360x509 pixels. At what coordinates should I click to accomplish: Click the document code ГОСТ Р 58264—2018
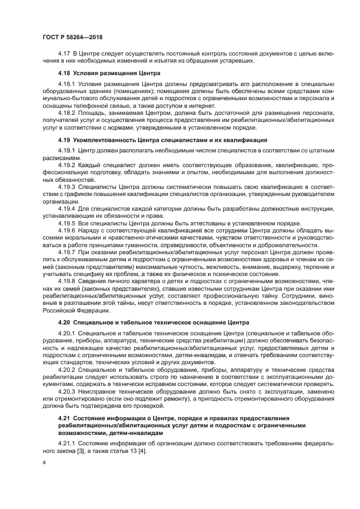72,36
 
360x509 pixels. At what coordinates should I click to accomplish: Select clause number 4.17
65,54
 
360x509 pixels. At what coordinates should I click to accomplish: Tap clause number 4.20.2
68,369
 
